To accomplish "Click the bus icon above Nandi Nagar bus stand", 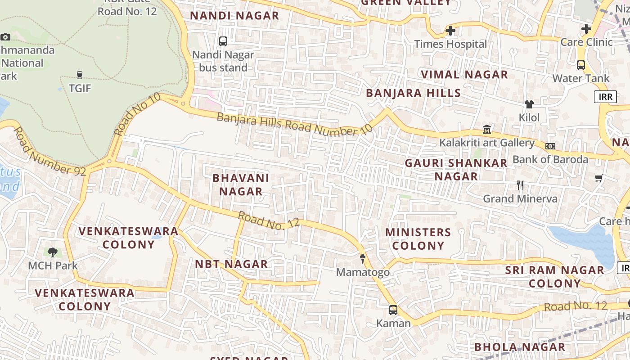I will (x=223, y=41).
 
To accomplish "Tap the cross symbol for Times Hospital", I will (x=450, y=31).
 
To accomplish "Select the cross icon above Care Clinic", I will (x=586, y=29).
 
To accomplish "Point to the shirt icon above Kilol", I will (x=529, y=104).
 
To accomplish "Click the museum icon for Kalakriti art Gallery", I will (x=487, y=130).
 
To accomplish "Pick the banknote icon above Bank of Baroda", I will (x=550, y=146).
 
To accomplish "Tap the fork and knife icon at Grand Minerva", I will (x=520, y=185).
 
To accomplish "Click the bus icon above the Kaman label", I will (x=393, y=310).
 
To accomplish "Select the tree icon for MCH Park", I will (x=53, y=252).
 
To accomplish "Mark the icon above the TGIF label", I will (x=80, y=75).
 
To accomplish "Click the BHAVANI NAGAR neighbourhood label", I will (x=241, y=184).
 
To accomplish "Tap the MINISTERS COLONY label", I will (x=418, y=239).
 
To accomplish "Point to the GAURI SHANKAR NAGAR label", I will (x=456, y=170).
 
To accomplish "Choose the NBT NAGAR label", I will (x=231, y=264).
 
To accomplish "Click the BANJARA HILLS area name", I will (x=413, y=93).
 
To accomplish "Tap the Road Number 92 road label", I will (x=49, y=152).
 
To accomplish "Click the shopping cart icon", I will (x=598, y=178).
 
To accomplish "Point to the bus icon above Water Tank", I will (x=581, y=65).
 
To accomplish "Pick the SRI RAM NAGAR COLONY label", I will (x=554, y=277).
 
